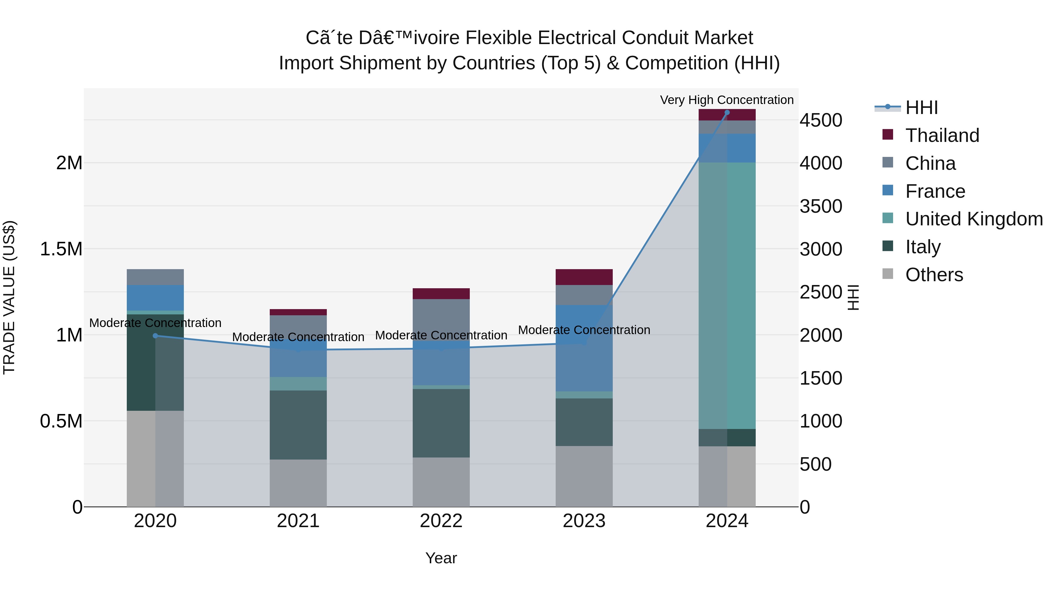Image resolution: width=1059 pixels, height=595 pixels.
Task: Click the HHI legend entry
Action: (921, 108)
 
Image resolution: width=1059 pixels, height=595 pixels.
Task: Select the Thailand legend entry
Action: (941, 135)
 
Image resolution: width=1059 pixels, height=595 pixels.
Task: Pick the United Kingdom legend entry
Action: (973, 219)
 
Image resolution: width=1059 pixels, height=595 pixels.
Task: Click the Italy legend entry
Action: (923, 247)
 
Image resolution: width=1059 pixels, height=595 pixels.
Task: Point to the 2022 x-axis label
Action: (441, 521)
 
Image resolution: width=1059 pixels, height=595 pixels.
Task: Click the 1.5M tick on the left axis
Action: (61, 249)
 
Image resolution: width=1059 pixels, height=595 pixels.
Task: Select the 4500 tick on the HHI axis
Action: (820, 121)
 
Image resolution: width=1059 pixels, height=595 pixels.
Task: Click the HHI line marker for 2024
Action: (727, 113)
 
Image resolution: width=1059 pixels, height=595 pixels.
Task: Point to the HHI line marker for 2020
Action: (155, 336)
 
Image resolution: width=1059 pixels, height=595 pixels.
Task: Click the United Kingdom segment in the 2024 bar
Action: (727, 296)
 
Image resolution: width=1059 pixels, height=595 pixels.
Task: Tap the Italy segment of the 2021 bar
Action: (298, 425)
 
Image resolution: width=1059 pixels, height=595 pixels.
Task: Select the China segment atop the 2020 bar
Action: (155, 277)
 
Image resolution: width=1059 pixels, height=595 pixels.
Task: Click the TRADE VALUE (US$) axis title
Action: (9, 297)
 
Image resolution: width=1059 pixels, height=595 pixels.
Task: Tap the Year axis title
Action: (441, 558)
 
